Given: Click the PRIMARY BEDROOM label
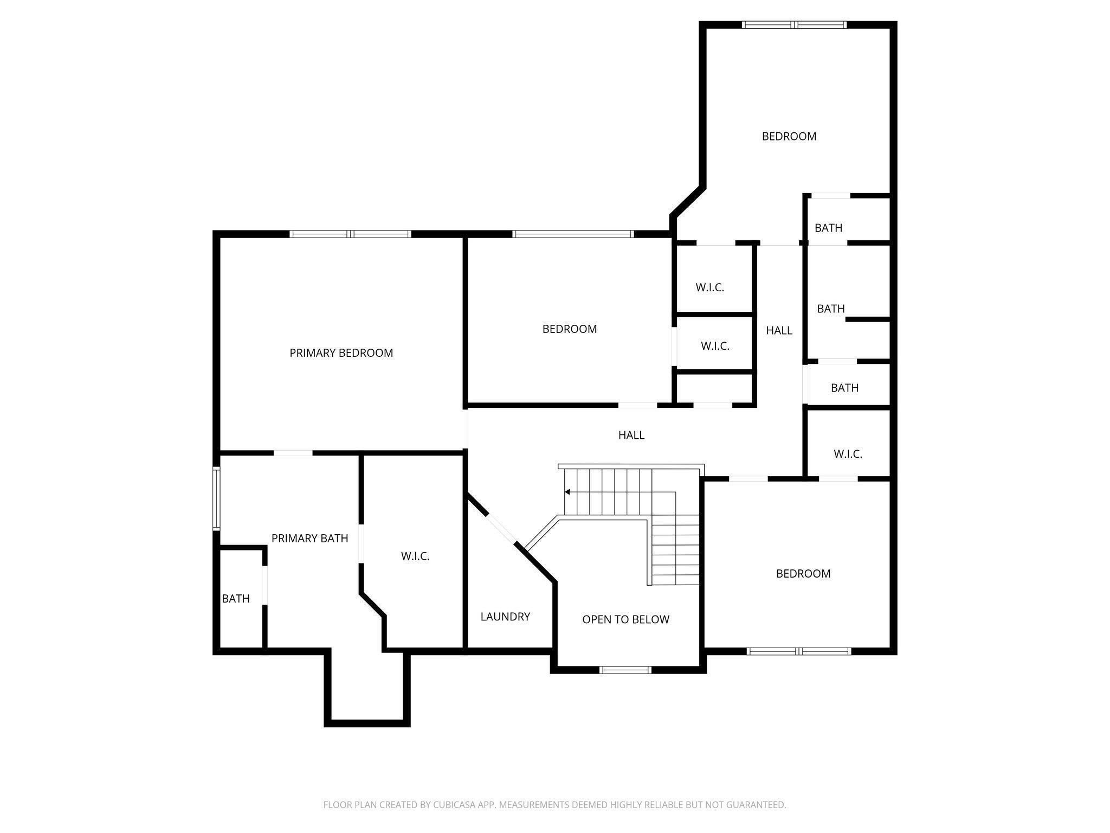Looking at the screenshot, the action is (x=341, y=353).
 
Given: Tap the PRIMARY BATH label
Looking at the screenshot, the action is (x=309, y=539).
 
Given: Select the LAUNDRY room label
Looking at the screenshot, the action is (x=505, y=617).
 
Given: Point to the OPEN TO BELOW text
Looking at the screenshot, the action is (x=625, y=619).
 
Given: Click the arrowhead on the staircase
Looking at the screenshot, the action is (x=567, y=492).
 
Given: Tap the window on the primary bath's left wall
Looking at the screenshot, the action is (x=216, y=498).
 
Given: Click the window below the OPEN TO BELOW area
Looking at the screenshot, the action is (x=625, y=670).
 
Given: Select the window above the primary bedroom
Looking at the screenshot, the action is (x=350, y=234).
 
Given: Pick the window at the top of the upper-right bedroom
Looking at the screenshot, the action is (x=794, y=24).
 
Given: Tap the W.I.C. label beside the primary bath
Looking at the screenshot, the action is (x=415, y=556).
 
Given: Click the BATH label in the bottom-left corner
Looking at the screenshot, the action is (x=236, y=599).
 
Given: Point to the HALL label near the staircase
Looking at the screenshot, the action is (x=631, y=435).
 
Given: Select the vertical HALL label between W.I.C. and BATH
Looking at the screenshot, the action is (x=779, y=330).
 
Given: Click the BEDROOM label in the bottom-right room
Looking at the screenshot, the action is (x=803, y=574).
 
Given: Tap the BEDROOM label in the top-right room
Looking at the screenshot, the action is (x=789, y=137).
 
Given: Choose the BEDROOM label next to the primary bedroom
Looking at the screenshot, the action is (x=570, y=329).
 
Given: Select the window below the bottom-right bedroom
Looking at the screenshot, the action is (x=799, y=651).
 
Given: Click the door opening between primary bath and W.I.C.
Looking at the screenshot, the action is (x=360, y=543).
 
